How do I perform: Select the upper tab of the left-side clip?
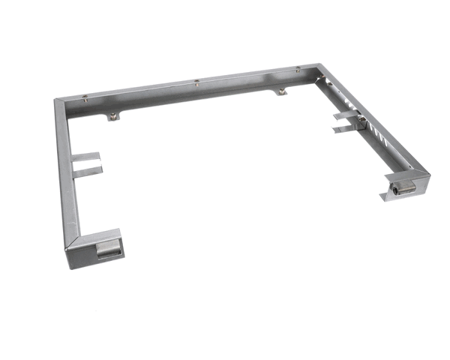click(86, 157)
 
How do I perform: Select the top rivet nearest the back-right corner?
click(298, 69)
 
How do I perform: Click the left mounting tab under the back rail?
click(112, 115)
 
